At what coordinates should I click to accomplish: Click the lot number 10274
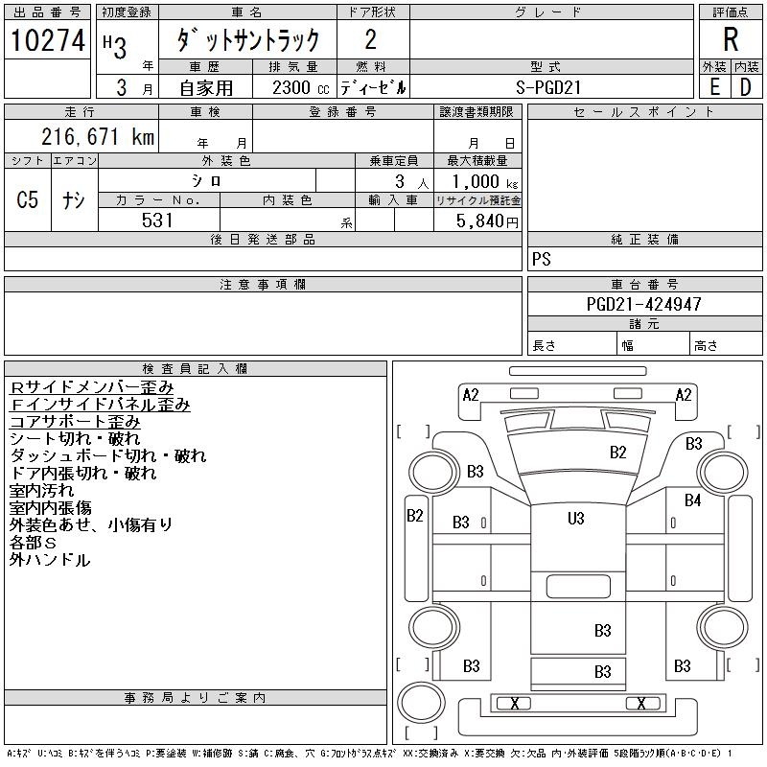pos(48,40)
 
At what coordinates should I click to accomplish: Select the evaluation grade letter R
pos(731,40)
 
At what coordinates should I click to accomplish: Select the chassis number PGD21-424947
pos(644,304)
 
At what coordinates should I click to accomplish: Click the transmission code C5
pos(28,200)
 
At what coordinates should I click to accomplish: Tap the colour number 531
pos(158,221)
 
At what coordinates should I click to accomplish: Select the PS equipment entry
pos(542,260)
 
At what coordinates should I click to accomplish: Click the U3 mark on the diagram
pos(575,519)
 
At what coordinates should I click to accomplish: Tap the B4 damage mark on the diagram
pos(693,500)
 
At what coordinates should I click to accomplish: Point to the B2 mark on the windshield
pos(618,453)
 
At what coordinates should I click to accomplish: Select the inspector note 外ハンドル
pos(50,560)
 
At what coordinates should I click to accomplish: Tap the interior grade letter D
pos(746,87)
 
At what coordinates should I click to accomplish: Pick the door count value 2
pos(370,40)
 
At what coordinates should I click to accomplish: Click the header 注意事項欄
pos(263,285)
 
